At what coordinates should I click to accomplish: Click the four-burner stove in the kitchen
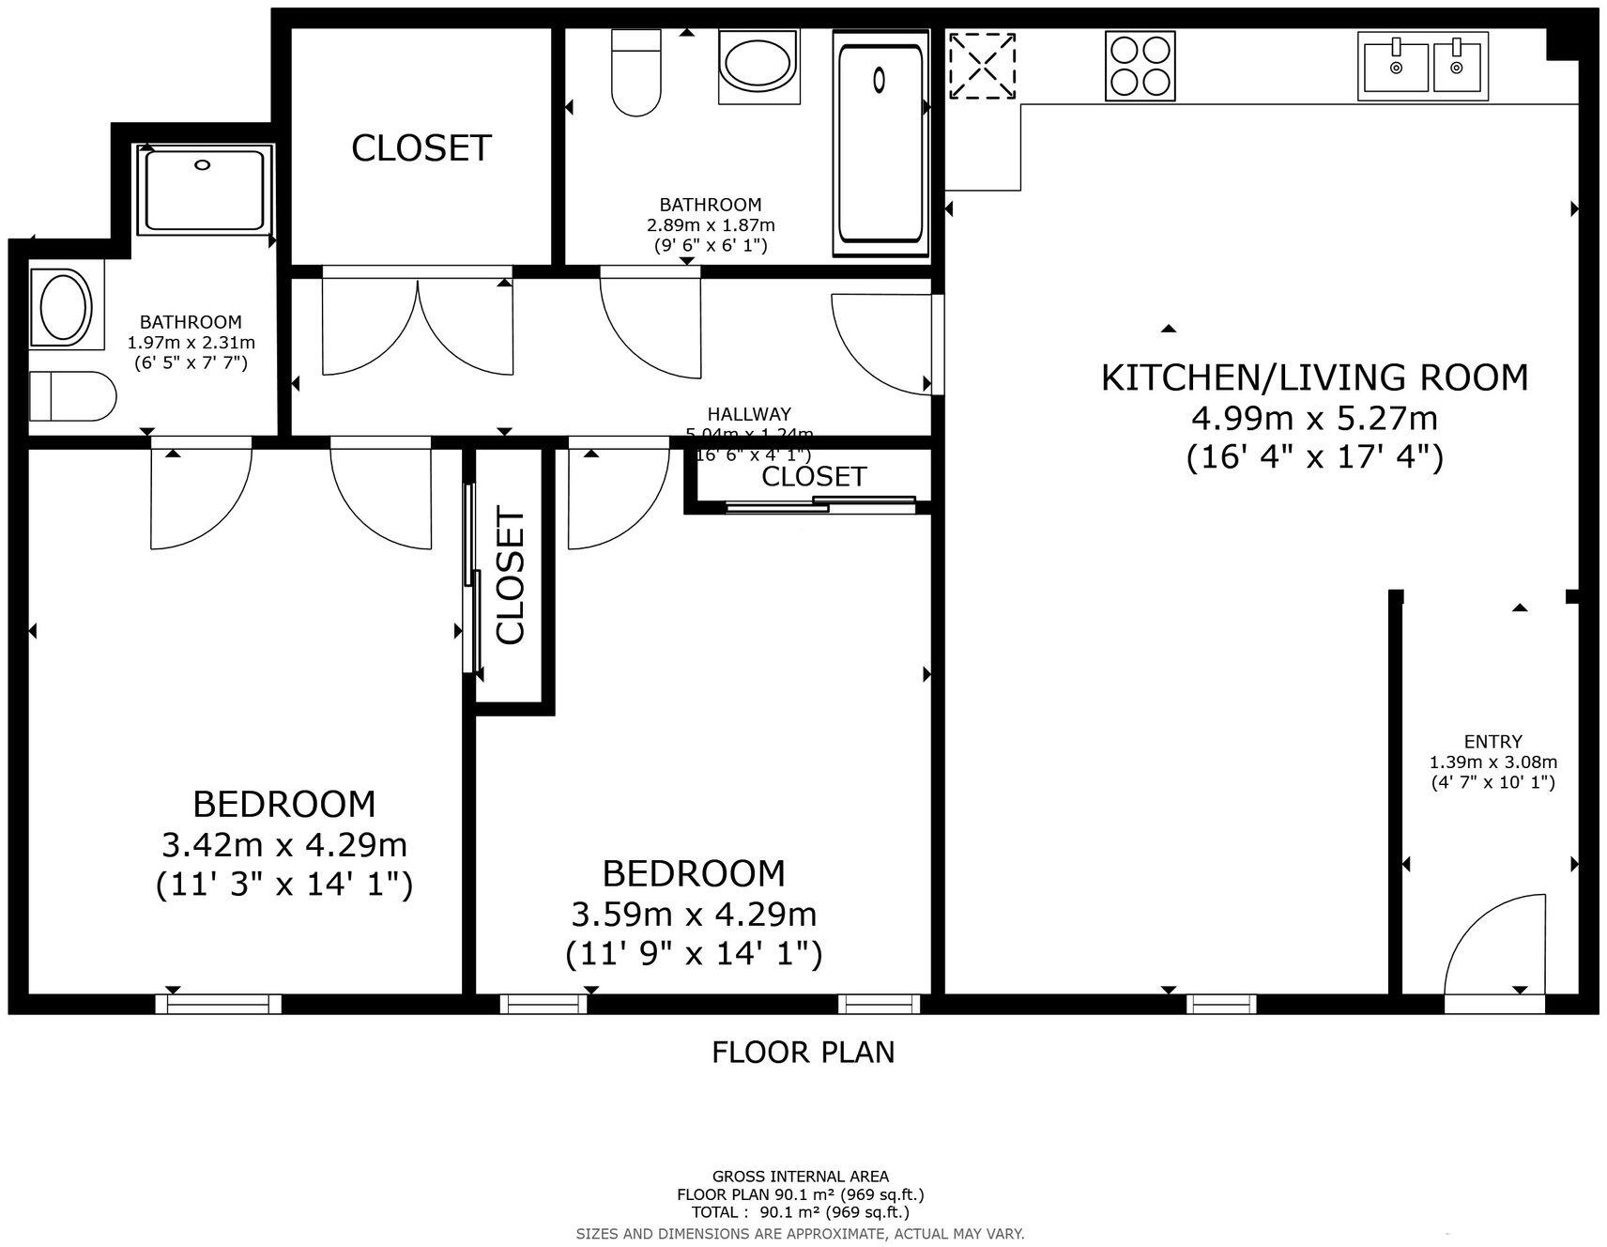coord(1140,66)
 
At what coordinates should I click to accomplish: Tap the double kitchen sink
coord(1422,66)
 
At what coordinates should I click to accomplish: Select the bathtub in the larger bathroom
coord(880,143)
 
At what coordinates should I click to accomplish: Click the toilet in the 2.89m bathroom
coord(635,73)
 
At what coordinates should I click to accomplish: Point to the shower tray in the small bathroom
coord(205,189)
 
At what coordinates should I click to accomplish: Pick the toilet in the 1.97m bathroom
coord(71,396)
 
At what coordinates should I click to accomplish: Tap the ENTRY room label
coord(1492,741)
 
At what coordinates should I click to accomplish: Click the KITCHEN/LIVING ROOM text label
coord(1314,377)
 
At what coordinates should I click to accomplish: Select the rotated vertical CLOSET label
coord(511,576)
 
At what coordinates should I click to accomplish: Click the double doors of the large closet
coord(418,324)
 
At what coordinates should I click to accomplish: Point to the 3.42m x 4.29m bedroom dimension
coord(284,845)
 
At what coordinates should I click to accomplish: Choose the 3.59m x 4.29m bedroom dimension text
coord(694,914)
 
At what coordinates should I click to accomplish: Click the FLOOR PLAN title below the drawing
coord(803,1052)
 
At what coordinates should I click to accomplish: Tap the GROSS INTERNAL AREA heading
coord(800,1176)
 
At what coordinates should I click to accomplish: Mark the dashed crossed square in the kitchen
coord(982,66)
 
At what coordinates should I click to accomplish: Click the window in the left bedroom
coord(219,1004)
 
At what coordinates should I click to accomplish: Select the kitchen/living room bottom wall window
coord(1221,1004)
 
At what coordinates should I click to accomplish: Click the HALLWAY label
coord(748,413)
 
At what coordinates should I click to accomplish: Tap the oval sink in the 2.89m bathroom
coord(758,66)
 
